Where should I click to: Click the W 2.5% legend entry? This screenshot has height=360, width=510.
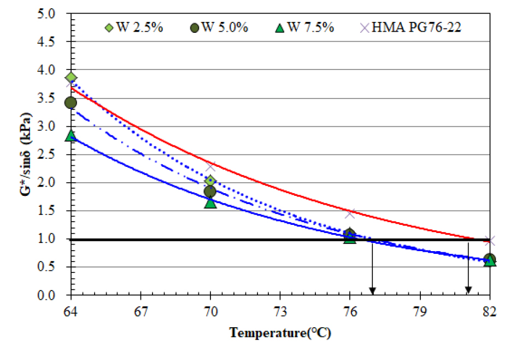click(134, 28)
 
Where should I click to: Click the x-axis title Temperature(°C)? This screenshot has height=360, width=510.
click(280, 333)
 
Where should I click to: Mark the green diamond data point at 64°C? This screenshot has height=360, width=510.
click(71, 78)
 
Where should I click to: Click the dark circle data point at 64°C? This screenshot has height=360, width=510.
click(71, 102)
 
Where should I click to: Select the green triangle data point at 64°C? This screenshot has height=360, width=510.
click(71, 136)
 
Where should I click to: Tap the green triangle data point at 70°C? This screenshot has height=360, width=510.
click(210, 203)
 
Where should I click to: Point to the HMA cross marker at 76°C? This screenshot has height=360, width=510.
click(350, 213)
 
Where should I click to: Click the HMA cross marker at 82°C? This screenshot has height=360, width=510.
click(490, 240)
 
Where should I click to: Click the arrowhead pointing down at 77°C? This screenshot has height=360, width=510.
click(373, 291)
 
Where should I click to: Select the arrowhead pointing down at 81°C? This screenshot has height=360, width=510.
click(468, 291)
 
